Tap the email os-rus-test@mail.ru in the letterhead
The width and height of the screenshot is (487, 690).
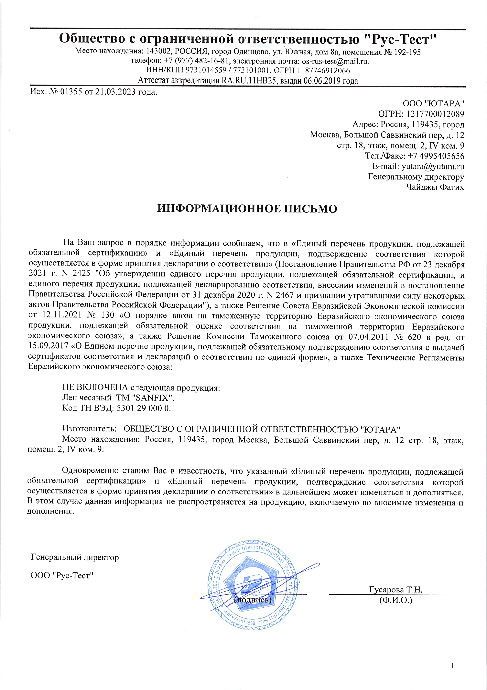335,62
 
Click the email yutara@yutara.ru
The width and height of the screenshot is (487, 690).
433,166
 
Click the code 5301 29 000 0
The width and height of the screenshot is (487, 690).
143,408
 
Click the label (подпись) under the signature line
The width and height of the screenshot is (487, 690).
253,600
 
